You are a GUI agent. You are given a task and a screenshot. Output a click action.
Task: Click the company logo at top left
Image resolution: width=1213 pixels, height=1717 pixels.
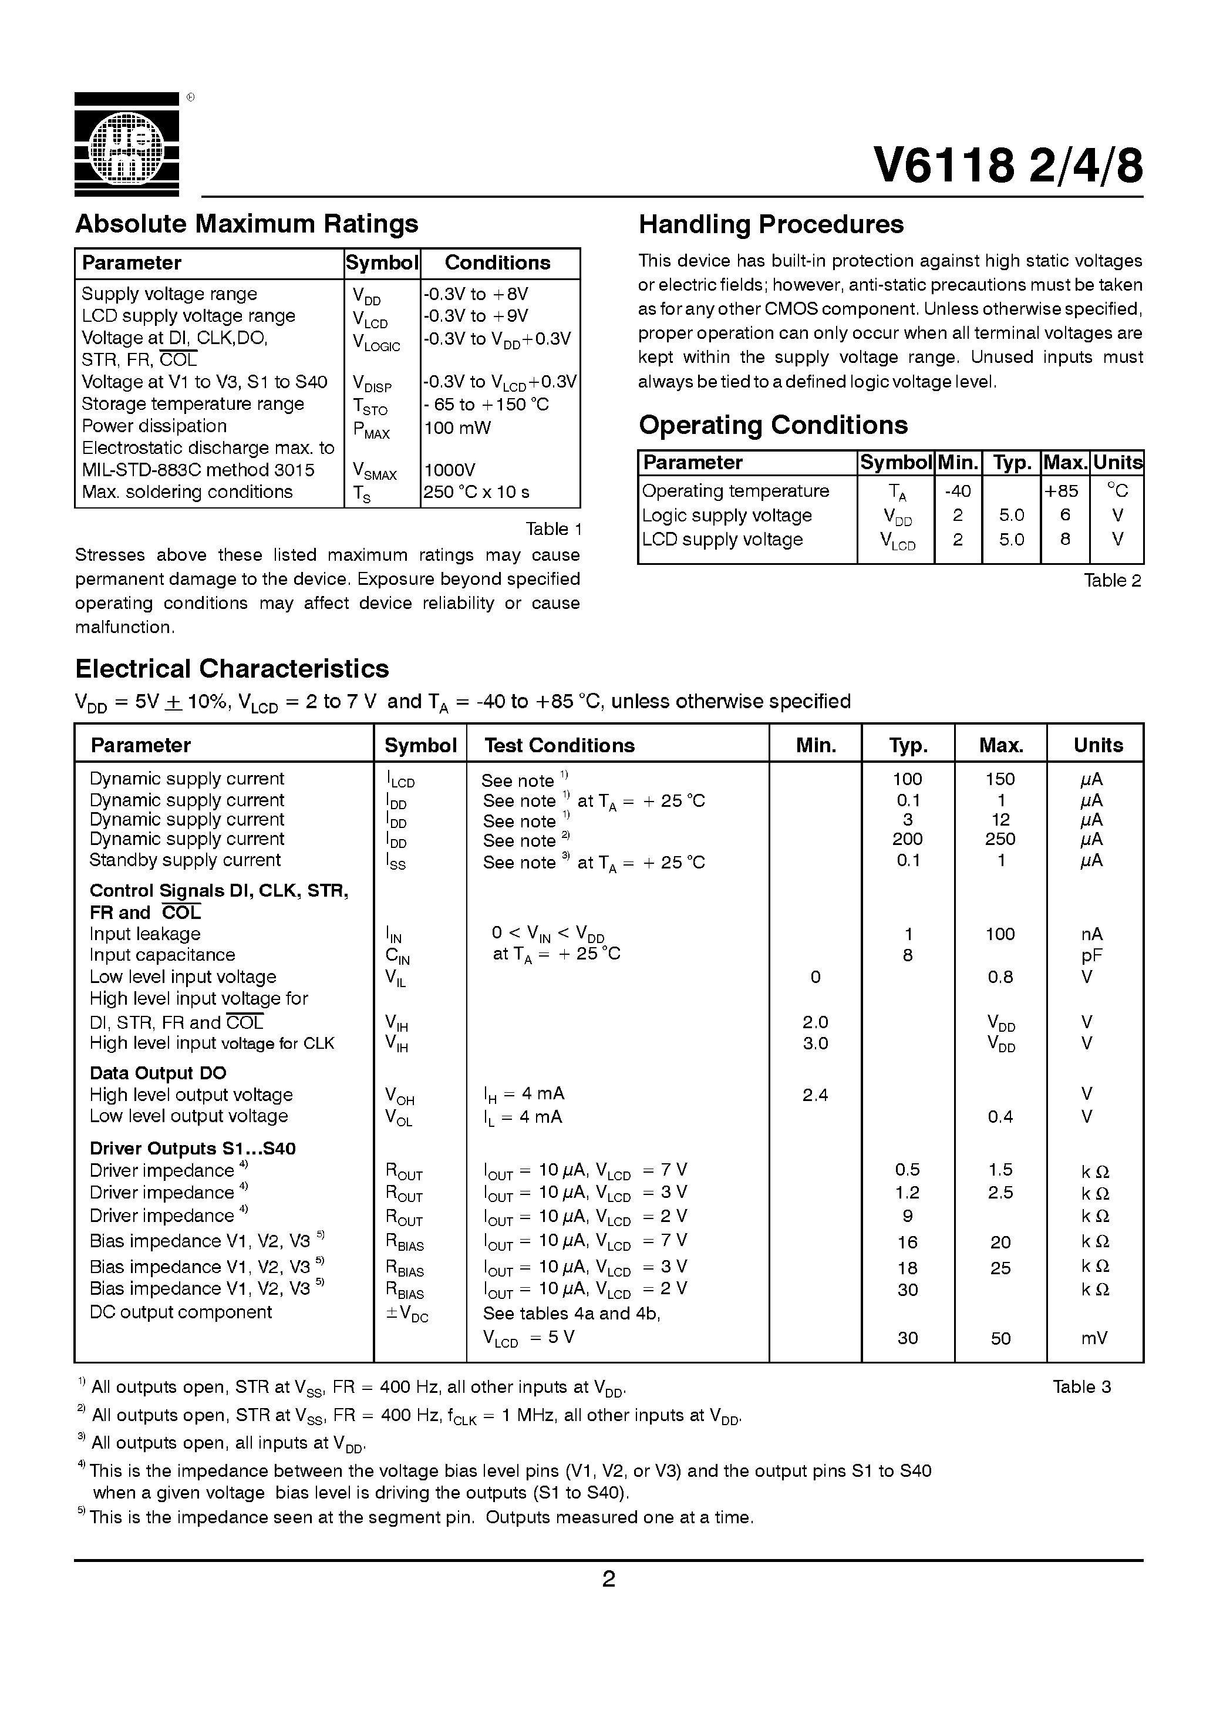coord(126,144)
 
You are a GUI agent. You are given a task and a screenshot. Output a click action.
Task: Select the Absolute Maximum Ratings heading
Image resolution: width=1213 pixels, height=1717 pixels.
coord(247,224)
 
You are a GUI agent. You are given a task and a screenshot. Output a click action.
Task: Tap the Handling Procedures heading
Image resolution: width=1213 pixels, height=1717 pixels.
coord(771,224)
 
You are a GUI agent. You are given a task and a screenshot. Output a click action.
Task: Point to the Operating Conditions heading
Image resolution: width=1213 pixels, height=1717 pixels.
coord(773,425)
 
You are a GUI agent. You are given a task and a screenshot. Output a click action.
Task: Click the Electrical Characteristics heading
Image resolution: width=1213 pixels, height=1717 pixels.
coord(232,668)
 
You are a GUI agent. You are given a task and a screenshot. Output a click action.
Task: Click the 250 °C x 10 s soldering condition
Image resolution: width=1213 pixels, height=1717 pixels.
coord(476,492)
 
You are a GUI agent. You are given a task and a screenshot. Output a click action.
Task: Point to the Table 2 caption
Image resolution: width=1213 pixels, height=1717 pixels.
coord(1112,580)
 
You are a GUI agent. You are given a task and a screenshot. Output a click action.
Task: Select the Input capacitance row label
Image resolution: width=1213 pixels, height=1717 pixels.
coord(162,955)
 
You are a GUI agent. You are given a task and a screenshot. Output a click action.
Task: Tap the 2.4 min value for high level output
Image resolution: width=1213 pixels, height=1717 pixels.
coord(814,1095)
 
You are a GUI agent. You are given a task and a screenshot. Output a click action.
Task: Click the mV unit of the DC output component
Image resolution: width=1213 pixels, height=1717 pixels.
coord(1094,1338)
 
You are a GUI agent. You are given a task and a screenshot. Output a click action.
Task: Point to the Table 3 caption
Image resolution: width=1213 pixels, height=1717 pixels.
coord(1081,1386)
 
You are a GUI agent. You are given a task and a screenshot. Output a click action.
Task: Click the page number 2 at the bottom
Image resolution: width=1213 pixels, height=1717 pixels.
coord(609,1578)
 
